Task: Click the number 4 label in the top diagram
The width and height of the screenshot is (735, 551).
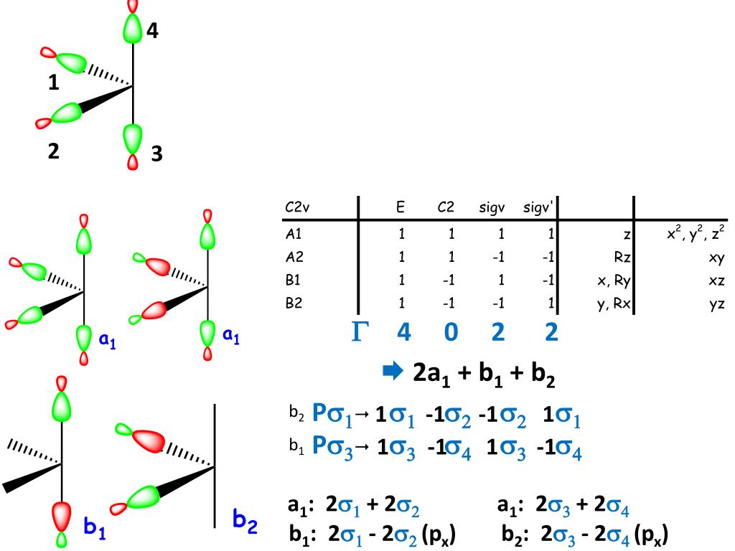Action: coord(154,30)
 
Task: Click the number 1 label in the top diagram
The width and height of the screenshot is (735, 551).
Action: coord(54,83)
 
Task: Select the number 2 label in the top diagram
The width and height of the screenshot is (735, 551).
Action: coord(54,151)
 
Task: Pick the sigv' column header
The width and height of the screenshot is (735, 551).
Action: coord(536,208)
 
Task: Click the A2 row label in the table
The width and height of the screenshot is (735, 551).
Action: coord(293,255)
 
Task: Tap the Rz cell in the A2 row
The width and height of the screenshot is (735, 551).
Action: coord(621,255)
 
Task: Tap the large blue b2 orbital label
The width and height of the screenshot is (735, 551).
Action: coord(245,520)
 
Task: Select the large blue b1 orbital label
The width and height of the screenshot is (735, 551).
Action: coord(94,529)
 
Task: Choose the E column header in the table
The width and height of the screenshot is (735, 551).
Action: coord(401,208)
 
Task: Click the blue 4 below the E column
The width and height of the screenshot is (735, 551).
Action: coord(403,332)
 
